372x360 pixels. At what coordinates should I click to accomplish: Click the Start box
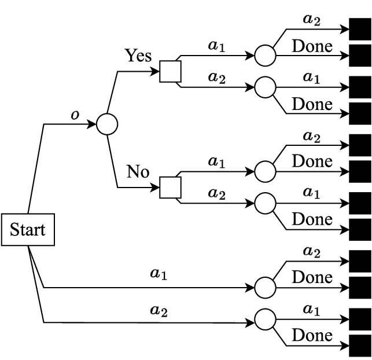27,230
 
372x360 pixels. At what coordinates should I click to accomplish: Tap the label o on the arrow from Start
75,115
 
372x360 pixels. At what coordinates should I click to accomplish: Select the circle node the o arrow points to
107,124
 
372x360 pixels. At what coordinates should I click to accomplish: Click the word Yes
138,56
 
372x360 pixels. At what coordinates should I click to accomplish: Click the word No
138,171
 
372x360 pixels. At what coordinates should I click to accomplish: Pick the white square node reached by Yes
170,72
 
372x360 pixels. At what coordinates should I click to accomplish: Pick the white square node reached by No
170,188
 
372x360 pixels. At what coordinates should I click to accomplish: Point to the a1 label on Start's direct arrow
159,274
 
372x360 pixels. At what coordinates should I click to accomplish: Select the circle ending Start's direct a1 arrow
265,287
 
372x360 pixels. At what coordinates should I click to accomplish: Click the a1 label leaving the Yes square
217,46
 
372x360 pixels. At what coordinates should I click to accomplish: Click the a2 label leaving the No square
217,194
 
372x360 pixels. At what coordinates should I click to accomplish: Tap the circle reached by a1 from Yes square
265,56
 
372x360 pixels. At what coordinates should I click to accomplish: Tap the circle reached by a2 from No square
265,203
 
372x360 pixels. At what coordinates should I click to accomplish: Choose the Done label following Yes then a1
312,46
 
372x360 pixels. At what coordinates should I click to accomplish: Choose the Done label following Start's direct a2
312,335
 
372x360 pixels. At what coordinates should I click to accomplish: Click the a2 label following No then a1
312,136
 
